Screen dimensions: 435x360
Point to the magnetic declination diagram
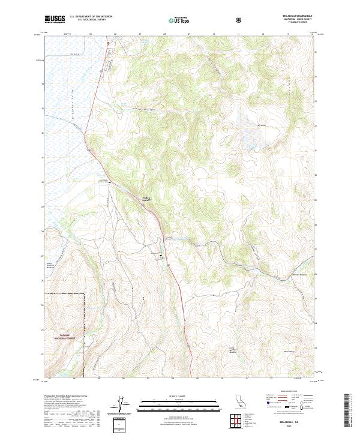click(124, 405)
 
